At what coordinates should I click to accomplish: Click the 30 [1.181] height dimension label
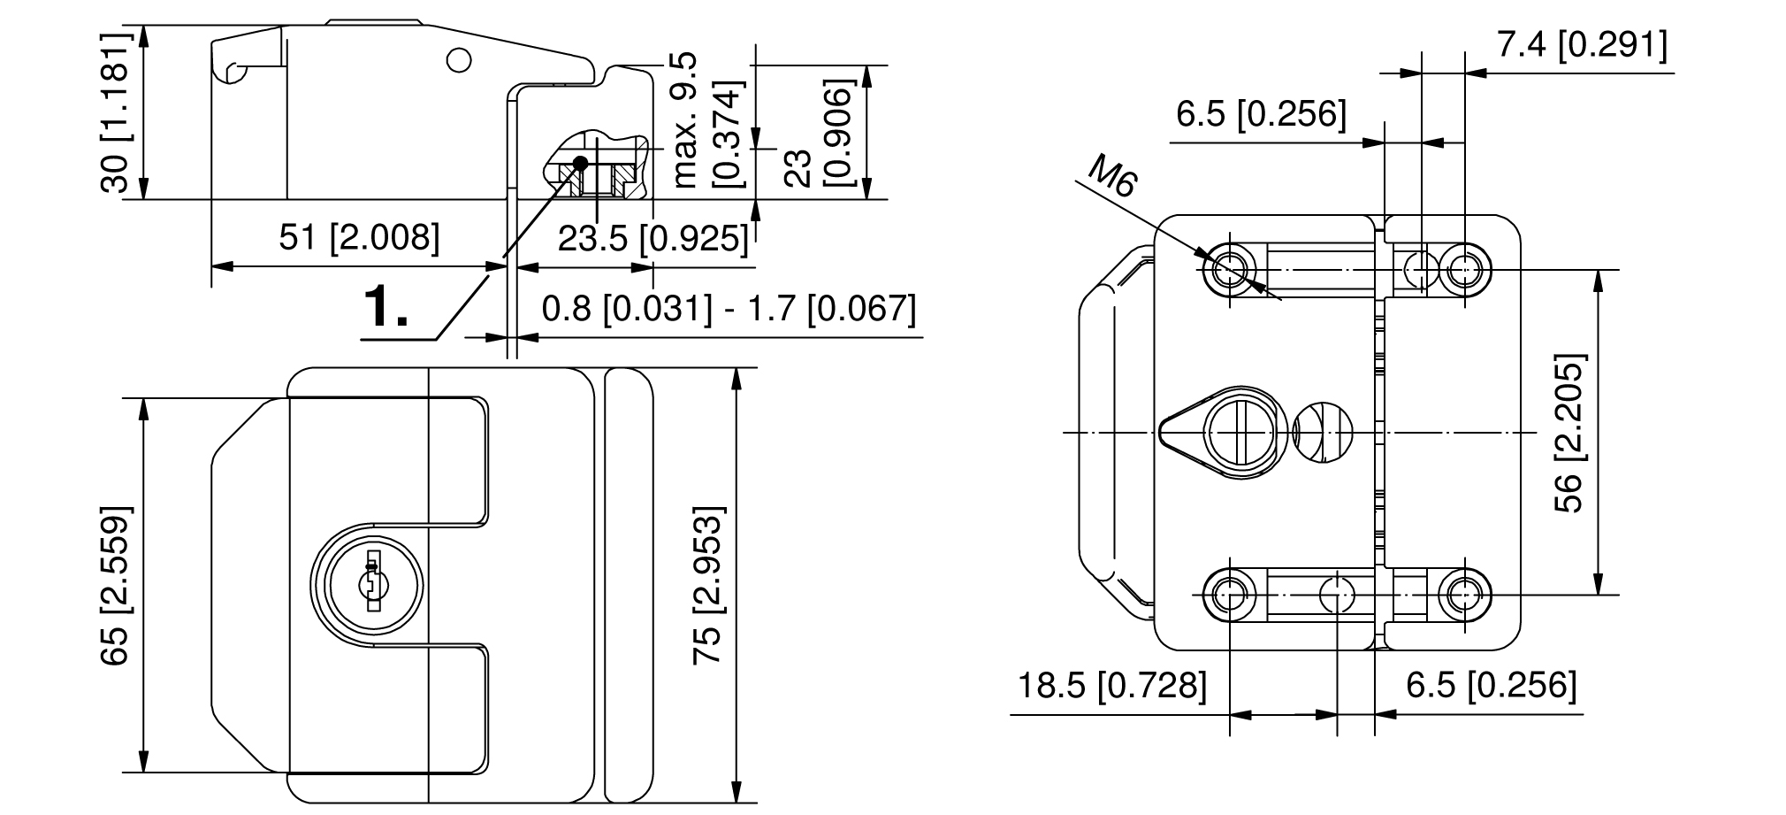tap(116, 112)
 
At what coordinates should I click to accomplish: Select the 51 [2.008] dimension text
tap(359, 237)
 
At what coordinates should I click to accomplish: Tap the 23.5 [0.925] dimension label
tap(653, 238)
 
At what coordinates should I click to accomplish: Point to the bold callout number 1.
tap(387, 307)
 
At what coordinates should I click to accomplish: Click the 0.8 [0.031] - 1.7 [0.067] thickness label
tap(729, 308)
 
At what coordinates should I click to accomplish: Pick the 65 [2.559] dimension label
tap(116, 586)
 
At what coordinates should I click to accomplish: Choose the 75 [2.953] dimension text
tap(708, 586)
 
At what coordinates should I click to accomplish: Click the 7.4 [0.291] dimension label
tap(1582, 44)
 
